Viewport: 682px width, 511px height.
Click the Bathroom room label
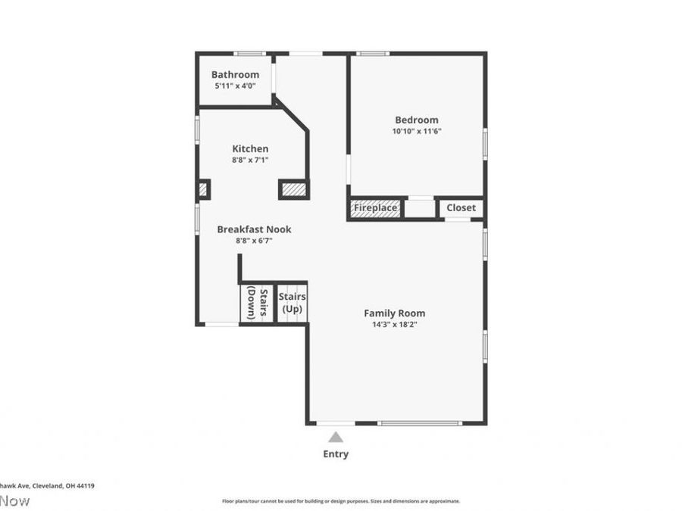(235, 75)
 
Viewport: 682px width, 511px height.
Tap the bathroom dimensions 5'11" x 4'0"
(235, 86)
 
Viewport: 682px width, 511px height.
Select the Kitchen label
(250, 149)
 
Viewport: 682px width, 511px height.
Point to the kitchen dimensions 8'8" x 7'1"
(250, 160)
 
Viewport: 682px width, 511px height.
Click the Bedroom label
(417, 120)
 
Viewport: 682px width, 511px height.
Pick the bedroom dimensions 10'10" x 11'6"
(417, 131)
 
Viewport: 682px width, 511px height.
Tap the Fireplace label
(376, 208)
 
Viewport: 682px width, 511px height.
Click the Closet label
(461, 208)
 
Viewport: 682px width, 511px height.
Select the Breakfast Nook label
(254, 229)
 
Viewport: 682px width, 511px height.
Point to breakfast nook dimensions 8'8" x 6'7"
(254, 241)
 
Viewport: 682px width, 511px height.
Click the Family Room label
(394, 313)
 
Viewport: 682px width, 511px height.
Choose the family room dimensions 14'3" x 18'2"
(394, 324)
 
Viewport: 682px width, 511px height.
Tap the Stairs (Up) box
(292, 303)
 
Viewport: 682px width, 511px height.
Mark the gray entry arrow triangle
(336, 438)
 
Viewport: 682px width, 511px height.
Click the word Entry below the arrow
(336, 454)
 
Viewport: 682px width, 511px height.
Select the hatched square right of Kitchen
(294, 189)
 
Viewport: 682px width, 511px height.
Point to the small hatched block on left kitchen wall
(203, 189)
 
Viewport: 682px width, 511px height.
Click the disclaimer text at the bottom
(340, 501)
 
